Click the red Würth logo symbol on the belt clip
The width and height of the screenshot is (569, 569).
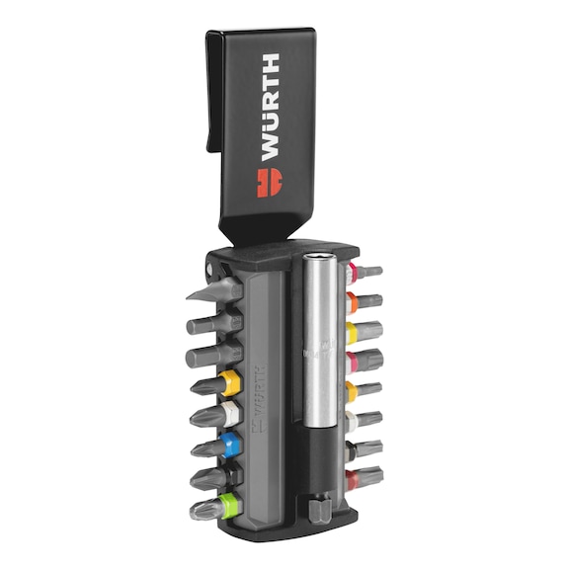click(x=270, y=183)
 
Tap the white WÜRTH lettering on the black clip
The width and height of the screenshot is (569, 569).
click(x=270, y=107)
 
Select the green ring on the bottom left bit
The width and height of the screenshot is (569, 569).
click(x=231, y=505)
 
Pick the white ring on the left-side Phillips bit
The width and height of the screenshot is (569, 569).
click(x=232, y=414)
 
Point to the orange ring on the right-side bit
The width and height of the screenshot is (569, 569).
click(x=352, y=301)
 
